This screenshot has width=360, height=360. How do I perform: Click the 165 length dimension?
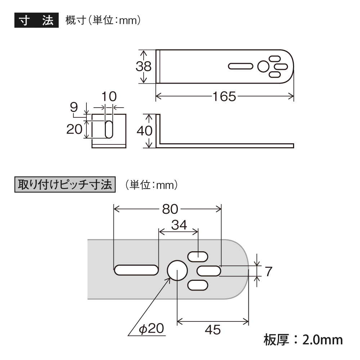[224, 96]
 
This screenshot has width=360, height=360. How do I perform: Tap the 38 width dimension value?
[143, 67]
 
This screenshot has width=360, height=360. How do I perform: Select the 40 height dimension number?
[144, 131]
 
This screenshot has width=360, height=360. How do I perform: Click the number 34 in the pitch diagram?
[179, 225]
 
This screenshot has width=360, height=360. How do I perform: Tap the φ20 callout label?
[152, 328]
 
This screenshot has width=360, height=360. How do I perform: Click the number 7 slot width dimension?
[268, 271]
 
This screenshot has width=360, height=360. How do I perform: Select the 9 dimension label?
[74, 107]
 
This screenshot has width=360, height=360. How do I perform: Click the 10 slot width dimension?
[109, 96]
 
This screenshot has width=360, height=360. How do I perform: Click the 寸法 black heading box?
[36, 21]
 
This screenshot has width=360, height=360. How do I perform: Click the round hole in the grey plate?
[177, 270]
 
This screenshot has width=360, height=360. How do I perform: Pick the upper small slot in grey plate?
[198, 256]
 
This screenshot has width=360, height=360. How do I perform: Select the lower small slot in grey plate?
[198, 285]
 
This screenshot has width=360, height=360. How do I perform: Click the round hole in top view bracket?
[263, 67]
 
